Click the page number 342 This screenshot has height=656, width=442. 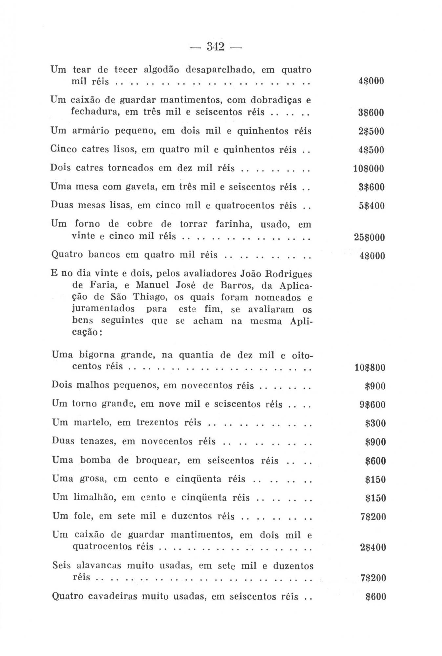[x=216, y=47]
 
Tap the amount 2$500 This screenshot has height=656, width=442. [x=371, y=132]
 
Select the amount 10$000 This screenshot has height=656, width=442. [x=368, y=169]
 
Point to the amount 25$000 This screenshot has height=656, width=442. [x=369, y=237]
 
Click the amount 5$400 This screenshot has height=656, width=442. [x=371, y=206]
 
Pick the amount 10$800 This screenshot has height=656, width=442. [x=370, y=367]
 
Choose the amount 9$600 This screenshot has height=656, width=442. [x=372, y=404]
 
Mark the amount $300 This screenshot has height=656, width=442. [x=375, y=423]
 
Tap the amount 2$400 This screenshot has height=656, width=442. [x=373, y=547]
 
